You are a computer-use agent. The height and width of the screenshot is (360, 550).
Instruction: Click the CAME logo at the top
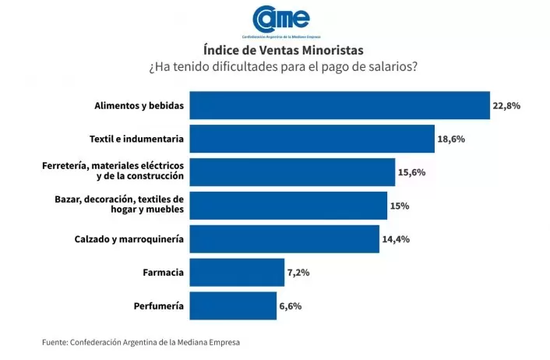[280, 19]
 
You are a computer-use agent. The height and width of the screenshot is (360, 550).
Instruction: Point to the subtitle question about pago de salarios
[283, 67]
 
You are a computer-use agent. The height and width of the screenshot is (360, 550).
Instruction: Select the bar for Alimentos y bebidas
[340, 105]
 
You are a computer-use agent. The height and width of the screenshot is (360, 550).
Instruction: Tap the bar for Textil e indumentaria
[312, 139]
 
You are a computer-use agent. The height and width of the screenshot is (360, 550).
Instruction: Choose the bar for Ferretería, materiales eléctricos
[292, 172]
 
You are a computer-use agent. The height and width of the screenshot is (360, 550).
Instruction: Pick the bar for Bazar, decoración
[288, 206]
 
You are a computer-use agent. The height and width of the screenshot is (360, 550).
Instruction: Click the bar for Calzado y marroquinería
[284, 239]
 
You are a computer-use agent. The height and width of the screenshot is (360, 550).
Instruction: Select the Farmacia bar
[237, 273]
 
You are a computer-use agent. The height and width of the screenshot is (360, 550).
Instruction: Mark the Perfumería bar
[233, 306]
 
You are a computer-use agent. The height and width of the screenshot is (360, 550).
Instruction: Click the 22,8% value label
[507, 106]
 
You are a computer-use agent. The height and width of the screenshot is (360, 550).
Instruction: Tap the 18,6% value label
[452, 139]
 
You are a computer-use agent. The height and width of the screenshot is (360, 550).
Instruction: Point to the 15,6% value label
[412, 173]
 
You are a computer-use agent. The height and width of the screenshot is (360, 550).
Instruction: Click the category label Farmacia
[164, 273]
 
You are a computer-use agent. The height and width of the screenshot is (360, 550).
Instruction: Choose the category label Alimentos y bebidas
[139, 105]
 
